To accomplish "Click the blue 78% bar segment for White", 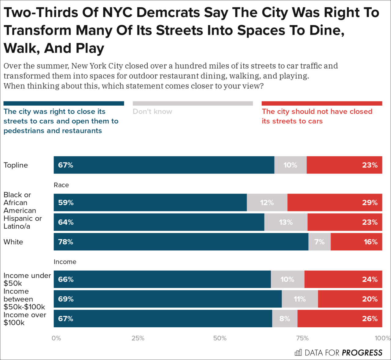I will (x=181, y=242).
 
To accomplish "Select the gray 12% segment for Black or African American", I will (x=267, y=202).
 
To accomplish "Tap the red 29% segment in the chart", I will (x=334, y=202).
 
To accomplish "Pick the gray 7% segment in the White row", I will (x=319, y=242).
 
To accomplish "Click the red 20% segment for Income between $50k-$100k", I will (x=350, y=299).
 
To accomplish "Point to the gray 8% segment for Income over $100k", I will (x=285, y=318).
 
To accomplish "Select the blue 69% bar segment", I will (x=168, y=299).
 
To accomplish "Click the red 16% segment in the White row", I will (x=356, y=242).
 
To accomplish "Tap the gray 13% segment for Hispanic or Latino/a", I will (x=286, y=222).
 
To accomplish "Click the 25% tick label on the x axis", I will (x=138, y=338).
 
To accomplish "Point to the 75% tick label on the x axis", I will (x=302, y=338).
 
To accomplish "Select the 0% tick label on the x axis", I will (x=56, y=338).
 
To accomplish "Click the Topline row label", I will (x=16, y=165).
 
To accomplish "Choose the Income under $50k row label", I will (x=27, y=279).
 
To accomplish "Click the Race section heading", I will (x=61, y=185).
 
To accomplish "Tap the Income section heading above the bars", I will (x=65, y=262).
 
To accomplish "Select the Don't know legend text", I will (x=152, y=111).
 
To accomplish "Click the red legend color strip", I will (x=322, y=104).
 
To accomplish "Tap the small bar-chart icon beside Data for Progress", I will (x=298, y=353).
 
